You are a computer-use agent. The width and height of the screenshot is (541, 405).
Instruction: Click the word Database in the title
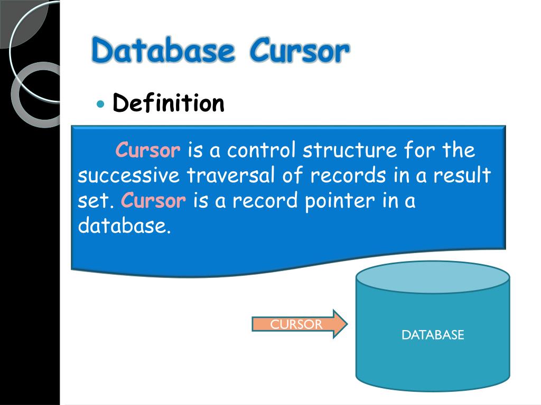[x=163, y=52]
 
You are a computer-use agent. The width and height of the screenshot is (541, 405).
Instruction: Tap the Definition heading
[x=169, y=103]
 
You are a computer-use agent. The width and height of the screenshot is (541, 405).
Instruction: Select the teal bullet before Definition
[x=101, y=103]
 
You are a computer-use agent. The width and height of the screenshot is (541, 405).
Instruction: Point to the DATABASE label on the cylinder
[x=433, y=335]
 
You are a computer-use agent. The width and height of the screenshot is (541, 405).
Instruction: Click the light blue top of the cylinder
[x=433, y=277]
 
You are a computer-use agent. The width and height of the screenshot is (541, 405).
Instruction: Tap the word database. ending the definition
[x=125, y=226]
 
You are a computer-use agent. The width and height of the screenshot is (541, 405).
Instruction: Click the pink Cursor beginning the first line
[x=148, y=150]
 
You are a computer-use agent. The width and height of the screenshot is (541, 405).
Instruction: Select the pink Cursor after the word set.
[x=154, y=201]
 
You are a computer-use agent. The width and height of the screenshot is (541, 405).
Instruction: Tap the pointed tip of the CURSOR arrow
[x=346, y=324]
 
